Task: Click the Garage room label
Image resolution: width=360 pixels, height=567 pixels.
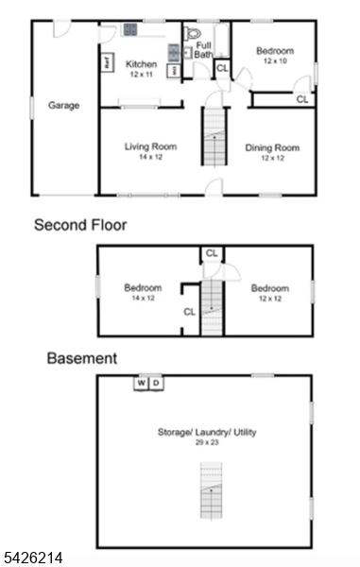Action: click(x=63, y=106)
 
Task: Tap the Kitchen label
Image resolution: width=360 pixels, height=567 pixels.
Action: click(x=141, y=64)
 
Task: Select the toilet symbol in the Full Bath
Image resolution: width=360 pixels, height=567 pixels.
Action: click(x=196, y=32)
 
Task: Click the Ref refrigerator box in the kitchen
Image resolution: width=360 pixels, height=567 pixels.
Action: click(x=107, y=61)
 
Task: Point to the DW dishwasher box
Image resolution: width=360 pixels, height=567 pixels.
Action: click(x=172, y=71)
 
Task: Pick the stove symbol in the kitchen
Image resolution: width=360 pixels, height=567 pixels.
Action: click(x=129, y=30)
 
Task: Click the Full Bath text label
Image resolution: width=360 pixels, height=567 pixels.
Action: click(x=203, y=50)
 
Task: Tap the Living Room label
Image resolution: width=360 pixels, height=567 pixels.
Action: click(x=151, y=146)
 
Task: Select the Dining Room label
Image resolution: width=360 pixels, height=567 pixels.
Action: click(x=272, y=147)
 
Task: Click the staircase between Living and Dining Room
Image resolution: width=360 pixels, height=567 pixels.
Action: click(x=214, y=137)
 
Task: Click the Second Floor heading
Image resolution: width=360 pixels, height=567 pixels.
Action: click(x=80, y=226)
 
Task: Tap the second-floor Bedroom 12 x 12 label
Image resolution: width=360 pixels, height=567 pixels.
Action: click(x=269, y=288)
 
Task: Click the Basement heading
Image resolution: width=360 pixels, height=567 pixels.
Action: click(x=82, y=358)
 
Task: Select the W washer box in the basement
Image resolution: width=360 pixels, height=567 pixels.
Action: click(x=141, y=383)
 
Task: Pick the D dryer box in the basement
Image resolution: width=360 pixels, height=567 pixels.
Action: click(x=156, y=383)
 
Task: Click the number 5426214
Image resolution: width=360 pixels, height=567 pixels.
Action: click(x=33, y=558)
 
